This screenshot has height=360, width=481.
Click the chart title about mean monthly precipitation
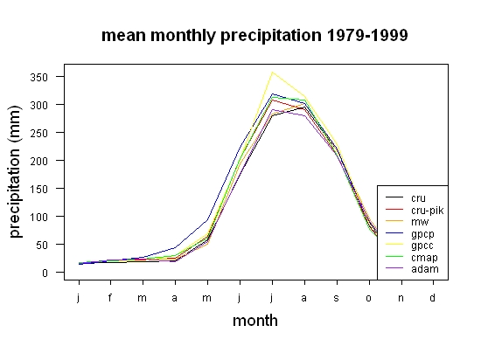coord(254,36)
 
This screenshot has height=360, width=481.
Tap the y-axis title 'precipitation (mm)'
coord(15,171)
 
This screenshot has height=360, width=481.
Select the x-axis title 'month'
coord(255,321)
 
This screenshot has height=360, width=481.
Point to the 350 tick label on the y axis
coord(39,77)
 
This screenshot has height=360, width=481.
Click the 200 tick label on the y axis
coord(39,161)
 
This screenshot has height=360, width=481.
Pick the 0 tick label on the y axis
coord(45,273)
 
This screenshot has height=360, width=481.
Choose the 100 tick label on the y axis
coord(39,217)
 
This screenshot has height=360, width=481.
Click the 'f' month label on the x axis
coord(110,297)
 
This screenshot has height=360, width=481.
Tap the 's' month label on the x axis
coord(337,298)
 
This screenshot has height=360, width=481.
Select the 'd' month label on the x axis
coord(433,297)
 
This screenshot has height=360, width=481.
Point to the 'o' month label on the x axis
coord(369,298)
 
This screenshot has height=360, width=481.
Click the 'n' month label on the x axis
coord(401,298)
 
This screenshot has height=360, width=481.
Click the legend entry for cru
coord(406,198)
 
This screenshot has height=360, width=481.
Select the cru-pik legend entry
coord(415,211)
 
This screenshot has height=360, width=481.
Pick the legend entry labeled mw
coord(407,222)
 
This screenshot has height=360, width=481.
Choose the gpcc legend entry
coord(409,246)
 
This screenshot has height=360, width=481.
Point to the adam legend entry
coord(412,269)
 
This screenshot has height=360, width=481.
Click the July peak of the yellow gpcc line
coord(272,73)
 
